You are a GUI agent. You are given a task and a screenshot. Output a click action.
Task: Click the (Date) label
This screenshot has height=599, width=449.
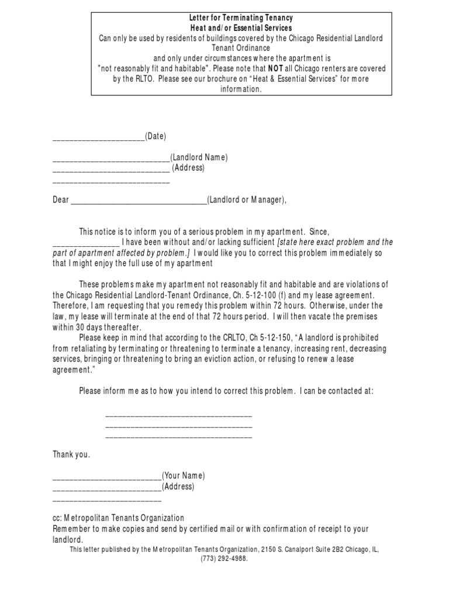[x=156, y=136]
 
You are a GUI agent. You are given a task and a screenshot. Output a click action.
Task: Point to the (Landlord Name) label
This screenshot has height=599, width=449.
[x=199, y=157]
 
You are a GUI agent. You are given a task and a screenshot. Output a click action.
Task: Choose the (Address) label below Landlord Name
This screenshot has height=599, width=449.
[x=188, y=168]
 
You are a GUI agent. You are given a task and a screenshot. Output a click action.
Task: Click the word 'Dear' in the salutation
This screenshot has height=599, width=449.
[x=61, y=200]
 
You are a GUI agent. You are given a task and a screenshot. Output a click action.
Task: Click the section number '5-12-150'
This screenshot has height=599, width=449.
[x=260, y=338]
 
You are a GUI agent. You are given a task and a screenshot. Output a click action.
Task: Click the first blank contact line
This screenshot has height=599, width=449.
[x=178, y=415]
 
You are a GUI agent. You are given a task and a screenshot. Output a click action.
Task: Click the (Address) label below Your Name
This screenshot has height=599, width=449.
[x=178, y=487]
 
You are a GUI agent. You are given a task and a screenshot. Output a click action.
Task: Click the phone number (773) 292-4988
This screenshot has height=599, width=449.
[x=224, y=559]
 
